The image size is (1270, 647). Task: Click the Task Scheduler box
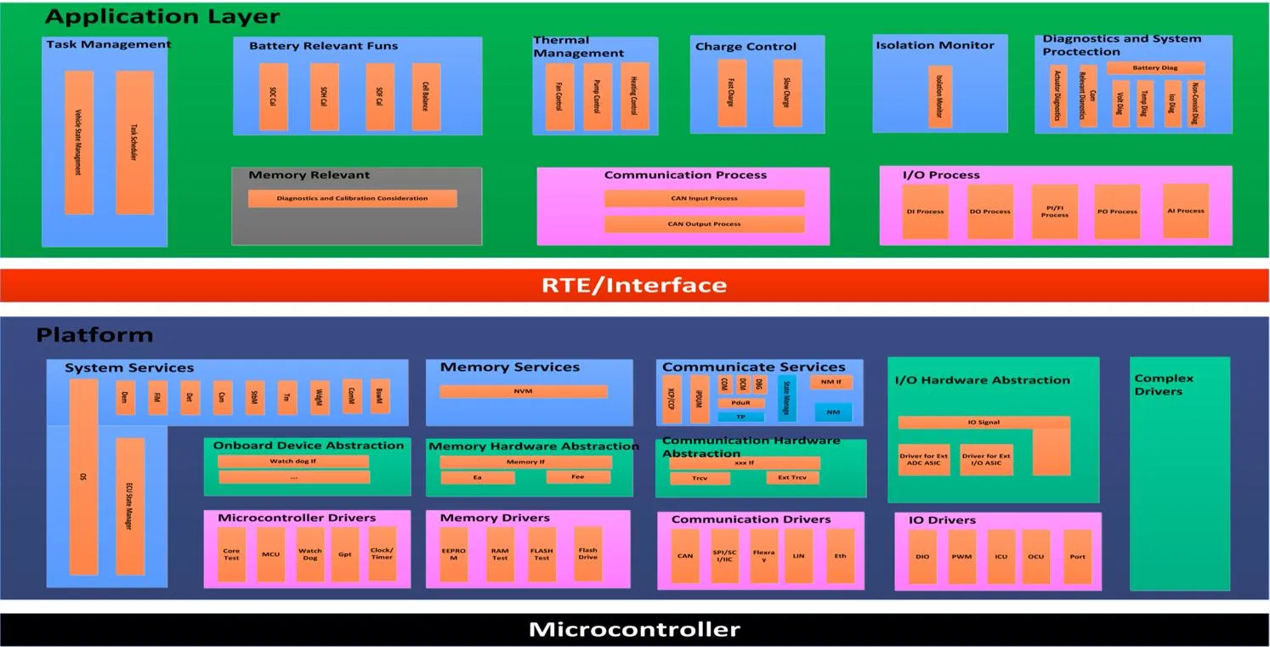tap(134, 142)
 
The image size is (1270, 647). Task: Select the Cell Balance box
tap(426, 97)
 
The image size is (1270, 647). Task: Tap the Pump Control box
tap(597, 97)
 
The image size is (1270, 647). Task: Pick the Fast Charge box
tap(731, 94)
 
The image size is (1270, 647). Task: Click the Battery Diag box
tap(1154, 68)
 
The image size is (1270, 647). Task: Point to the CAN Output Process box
tap(704, 224)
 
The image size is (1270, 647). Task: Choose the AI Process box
tap(1185, 211)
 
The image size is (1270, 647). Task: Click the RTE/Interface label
tap(634, 285)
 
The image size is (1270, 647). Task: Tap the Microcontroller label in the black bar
tap(634, 630)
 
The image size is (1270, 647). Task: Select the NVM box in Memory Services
tap(523, 392)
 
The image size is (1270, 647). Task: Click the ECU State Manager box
tap(130, 506)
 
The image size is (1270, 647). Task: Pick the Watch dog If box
tap(292, 462)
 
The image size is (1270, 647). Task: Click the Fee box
tap(578, 477)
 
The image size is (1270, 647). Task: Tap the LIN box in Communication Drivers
tap(798, 556)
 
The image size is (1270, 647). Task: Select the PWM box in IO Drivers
tap(961, 557)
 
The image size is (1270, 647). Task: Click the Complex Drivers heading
tap(1164, 385)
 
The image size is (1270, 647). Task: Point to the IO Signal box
tap(984, 423)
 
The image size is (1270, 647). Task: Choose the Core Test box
tap(231, 554)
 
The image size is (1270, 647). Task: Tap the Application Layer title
tap(162, 16)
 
